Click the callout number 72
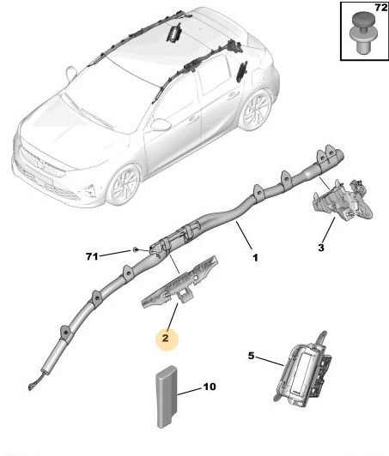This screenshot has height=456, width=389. tap(380, 7)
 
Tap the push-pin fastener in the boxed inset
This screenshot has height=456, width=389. tap(362, 33)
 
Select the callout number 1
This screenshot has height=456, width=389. tap(255, 258)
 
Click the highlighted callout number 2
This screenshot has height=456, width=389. tap(165, 338)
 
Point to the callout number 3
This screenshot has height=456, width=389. tap(321, 248)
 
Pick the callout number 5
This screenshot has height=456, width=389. tap(251, 356)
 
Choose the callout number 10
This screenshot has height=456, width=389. tap(210, 387)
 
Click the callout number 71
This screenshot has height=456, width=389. tap(92, 256)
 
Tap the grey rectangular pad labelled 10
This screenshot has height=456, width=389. tap(167, 397)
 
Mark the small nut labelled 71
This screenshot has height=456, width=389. tap(135, 249)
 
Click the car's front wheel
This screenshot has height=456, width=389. tap(124, 185)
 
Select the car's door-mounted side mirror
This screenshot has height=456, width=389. tap(161, 124)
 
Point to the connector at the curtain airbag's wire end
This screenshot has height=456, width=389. tap(31, 387)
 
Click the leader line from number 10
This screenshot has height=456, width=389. tap(190, 392)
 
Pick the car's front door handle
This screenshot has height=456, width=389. tap(192, 118)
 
